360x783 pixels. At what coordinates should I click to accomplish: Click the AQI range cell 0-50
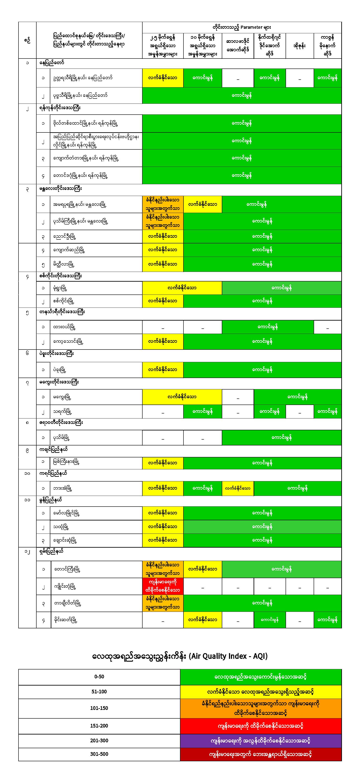[x=99, y=677]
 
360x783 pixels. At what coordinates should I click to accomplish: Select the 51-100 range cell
[x=99, y=691]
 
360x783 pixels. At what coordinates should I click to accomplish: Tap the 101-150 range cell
[x=99, y=708]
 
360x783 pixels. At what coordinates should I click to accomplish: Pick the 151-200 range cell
[x=99, y=726]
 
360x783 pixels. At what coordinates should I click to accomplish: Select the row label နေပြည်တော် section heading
[x=52, y=63]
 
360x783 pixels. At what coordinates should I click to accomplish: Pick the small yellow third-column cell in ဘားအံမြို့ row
[x=238, y=488]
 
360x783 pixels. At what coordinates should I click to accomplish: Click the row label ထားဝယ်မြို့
[x=64, y=327]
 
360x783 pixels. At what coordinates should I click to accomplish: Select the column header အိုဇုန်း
[x=299, y=46]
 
